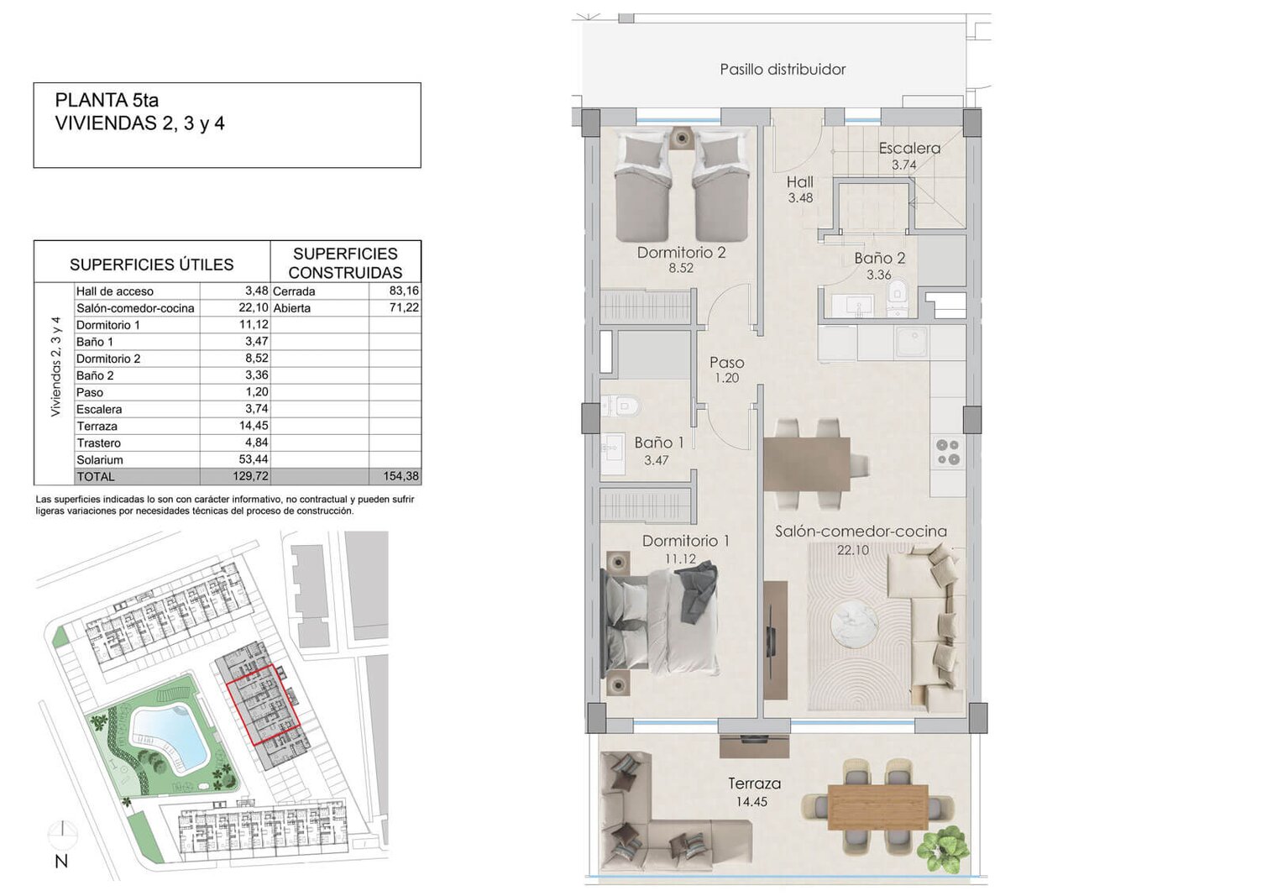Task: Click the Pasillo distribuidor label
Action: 783,70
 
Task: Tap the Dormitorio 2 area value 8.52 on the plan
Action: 681,268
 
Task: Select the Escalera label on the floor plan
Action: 909,148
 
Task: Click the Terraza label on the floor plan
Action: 754,784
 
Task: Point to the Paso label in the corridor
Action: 727,363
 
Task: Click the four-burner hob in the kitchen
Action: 949,452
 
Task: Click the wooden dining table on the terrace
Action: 877,807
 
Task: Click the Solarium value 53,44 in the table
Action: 254,459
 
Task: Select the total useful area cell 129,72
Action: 250,476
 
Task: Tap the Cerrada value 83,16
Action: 404,291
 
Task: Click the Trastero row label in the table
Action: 98,443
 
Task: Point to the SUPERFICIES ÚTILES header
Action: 152,265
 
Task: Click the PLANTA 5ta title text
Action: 107,100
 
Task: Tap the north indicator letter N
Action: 61,862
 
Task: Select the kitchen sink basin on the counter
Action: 911,342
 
